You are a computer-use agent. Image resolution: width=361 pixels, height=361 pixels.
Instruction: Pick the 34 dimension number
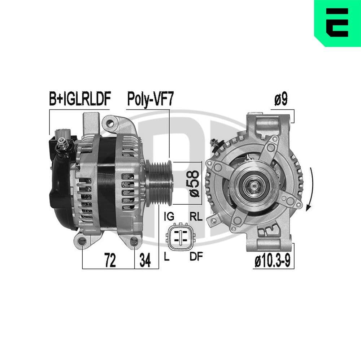(145, 260)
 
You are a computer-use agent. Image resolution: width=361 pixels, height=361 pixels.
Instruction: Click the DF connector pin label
(196, 257)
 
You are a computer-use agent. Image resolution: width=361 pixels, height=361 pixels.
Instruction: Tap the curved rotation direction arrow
(310, 190)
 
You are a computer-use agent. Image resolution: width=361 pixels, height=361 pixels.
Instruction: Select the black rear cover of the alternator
(61, 191)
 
